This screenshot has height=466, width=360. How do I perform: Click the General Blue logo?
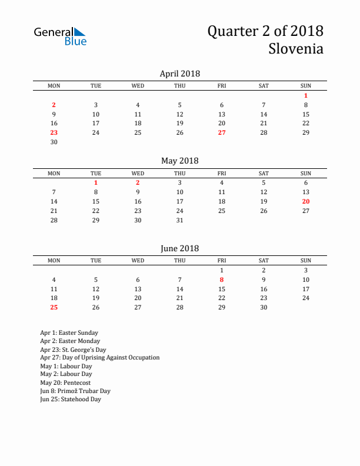(x=60, y=36)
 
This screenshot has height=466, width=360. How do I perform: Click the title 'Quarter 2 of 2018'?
(x=265, y=31)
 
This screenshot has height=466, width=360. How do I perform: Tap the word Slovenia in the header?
(x=296, y=49)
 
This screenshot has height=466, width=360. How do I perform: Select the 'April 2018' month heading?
(x=179, y=74)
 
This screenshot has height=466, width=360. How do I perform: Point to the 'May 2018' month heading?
(x=179, y=161)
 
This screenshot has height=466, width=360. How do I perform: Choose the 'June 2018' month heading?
(x=179, y=248)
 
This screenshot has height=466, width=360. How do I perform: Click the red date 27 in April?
(x=222, y=132)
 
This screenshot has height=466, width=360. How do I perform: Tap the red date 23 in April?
(x=54, y=132)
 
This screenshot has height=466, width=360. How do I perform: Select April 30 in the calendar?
(x=54, y=142)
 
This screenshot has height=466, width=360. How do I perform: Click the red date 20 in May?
(x=306, y=201)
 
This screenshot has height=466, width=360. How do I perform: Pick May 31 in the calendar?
(x=180, y=220)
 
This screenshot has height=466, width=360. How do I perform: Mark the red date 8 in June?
(x=222, y=279)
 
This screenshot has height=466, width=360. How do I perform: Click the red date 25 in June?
(x=54, y=307)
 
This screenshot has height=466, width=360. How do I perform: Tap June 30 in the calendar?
(x=264, y=307)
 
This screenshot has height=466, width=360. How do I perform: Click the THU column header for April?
(x=180, y=86)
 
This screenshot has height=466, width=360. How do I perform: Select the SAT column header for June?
(x=264, y=261)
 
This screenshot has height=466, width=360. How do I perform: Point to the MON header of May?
(x=54, y=173)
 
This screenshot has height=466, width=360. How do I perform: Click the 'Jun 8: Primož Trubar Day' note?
(x=75, y=391)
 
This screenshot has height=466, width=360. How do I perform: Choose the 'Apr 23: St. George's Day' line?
(x=73, y=349)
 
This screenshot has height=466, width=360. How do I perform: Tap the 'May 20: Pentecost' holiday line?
(x=66, y=382)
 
